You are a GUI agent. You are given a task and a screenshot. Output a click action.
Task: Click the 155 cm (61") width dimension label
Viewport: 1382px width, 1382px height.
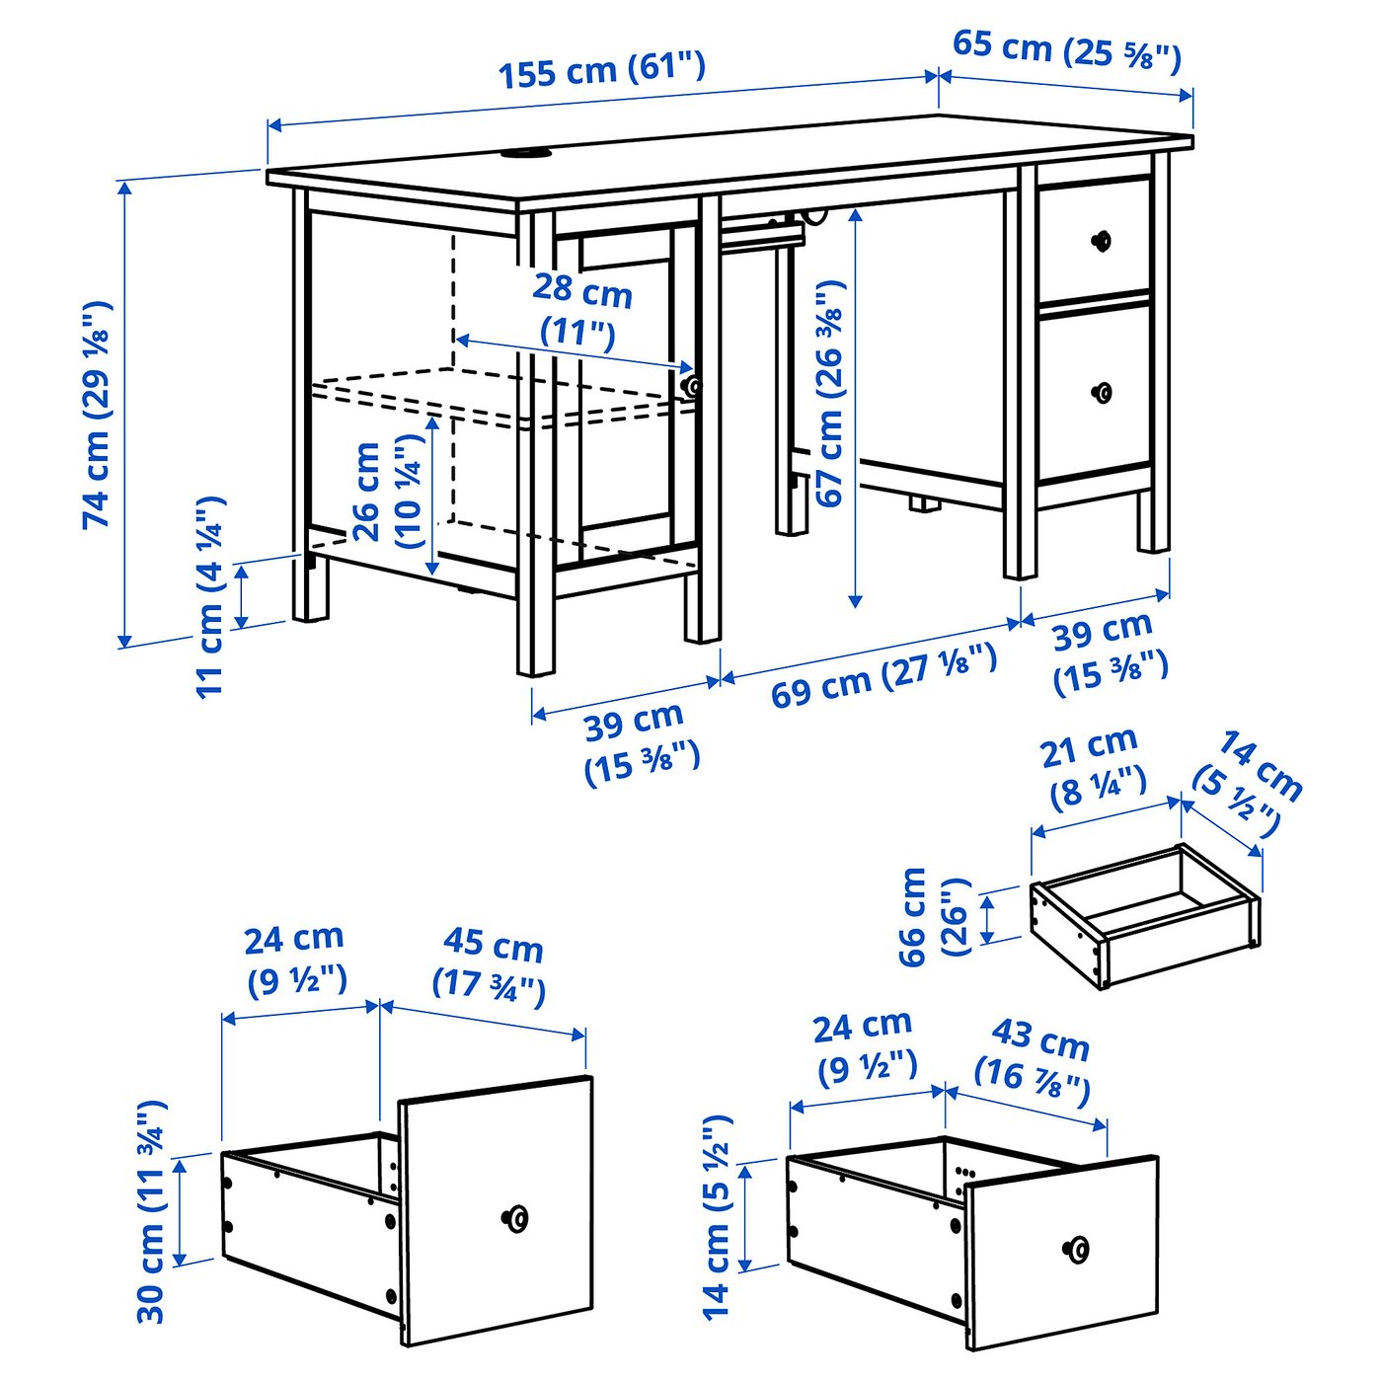pos(601,71)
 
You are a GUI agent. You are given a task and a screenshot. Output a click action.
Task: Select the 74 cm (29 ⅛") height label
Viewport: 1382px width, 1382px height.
pos(98,415)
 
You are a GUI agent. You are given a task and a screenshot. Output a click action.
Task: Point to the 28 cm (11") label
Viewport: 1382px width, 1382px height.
pos(581,310)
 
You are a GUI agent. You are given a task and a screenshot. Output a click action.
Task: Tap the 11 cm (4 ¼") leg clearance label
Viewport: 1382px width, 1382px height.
pos(211,596)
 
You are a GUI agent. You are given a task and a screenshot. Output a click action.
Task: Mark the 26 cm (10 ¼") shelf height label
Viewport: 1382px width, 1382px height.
pos(386,494)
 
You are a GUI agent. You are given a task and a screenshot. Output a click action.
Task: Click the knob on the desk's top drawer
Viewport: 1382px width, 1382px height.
pos(1101,240)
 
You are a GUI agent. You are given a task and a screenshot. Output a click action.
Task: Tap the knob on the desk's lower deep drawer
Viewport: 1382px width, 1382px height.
pos(1103,393)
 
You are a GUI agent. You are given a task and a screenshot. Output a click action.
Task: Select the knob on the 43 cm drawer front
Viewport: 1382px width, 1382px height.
pos(1078,1250)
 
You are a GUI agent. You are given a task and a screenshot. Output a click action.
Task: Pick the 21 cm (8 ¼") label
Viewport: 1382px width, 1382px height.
pos(1091,766)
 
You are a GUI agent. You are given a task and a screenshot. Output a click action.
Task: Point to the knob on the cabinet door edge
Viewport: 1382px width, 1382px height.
pos(692,386)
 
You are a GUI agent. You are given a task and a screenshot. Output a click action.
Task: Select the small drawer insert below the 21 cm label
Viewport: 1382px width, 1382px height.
pos(1145,913)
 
